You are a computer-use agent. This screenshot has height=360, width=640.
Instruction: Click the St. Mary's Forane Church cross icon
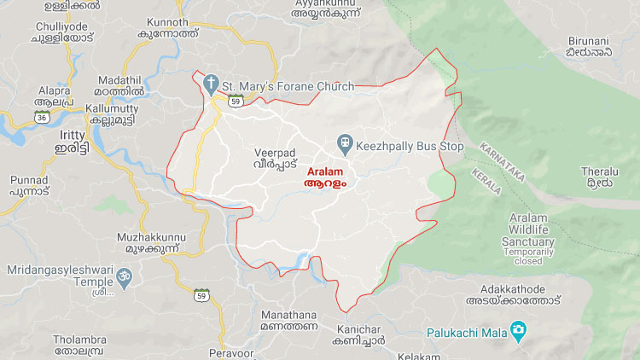[x=211, y=84]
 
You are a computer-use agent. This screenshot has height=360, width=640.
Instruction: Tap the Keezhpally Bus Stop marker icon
[x=346, y=143]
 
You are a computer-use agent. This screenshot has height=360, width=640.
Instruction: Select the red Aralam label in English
[x=324, y=171]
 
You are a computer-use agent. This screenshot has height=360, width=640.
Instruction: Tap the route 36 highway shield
[x=41, y=119]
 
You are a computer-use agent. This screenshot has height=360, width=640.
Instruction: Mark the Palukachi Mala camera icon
[x=517, y=328]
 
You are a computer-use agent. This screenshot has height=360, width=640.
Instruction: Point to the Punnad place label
[x=30, y=180]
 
